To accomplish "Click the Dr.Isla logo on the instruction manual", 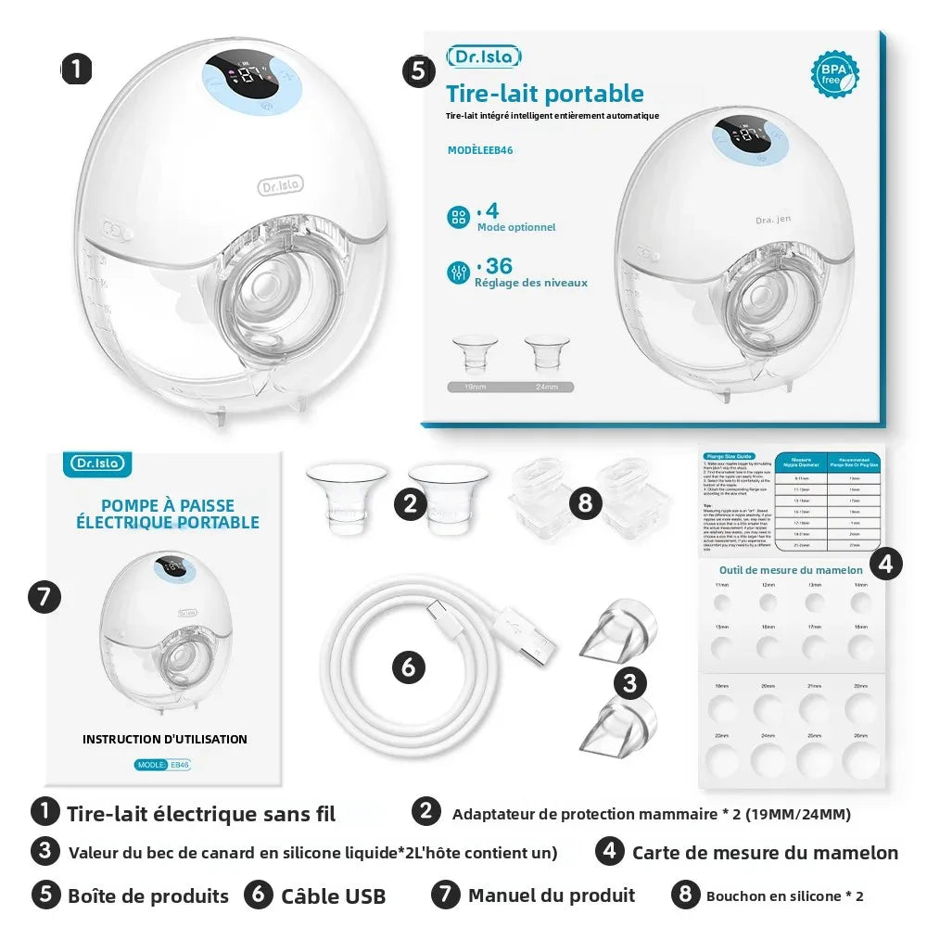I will coord(102,463).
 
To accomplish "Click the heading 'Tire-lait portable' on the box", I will coord(544,94).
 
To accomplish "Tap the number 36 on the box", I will coord(499,266).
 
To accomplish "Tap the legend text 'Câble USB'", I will coord(333,896).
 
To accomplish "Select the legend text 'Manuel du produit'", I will coord(552,895).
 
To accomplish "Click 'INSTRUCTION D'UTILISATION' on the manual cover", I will coord(165,739).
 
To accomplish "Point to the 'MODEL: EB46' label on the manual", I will coord(164,766).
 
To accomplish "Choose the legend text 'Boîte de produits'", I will coord(147,896).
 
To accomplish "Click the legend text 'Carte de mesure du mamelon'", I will coord(765,853).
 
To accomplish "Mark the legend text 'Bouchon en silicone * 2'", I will coord(784,896).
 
